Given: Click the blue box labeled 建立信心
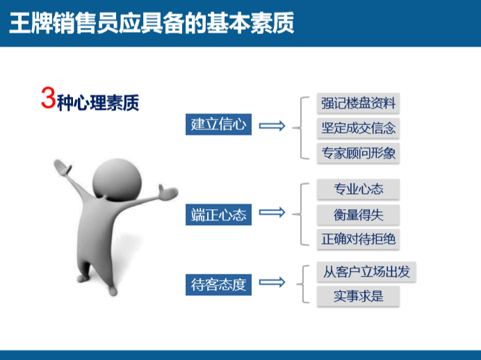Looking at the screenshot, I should click(x=218, y=124).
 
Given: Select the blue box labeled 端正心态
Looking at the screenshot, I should click(x=218, y=214).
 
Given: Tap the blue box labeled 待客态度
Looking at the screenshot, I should click(x=218, y=284).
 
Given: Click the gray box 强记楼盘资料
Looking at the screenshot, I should click(x=359, y=104).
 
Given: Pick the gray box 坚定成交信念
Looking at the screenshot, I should click(x=359, y=128).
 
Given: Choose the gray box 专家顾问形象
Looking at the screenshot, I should click(x=359, y=153).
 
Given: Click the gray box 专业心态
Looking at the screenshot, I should click(x=359, y=189).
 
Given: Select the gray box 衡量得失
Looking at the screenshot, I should click(x=359, y=214).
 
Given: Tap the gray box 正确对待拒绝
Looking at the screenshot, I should click(x=359, y=238).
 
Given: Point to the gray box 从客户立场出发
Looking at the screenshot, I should click(x=366, y=271).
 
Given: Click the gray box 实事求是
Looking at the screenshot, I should click(x=359, y=296).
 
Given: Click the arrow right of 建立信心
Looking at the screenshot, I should click(x=272, y=126).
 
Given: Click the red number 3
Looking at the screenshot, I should click(x=47, y=99).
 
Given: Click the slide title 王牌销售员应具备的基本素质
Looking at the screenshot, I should click(x=152, y=23).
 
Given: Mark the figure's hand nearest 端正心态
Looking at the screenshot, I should click(x=168, y=193).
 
